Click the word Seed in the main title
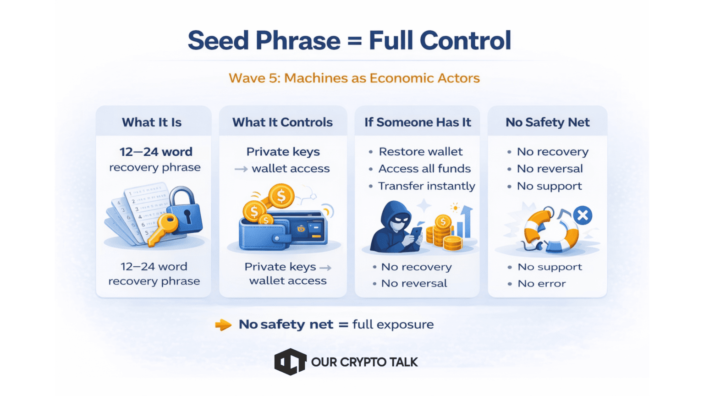point(219,40)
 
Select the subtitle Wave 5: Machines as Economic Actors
point(354,78)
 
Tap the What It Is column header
point(152,122)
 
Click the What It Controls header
point(282,122)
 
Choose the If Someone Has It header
point(418,122)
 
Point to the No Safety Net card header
point(548,122)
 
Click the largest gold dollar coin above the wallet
point(281,196)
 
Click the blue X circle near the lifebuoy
point(583,215)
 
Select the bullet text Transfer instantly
point(427,186)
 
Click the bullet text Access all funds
point(424,169)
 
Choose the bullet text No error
point(542,284)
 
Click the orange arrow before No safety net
point(223,324)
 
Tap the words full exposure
point(393,324)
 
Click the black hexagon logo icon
point(290,362)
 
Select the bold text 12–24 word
point(156,152)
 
